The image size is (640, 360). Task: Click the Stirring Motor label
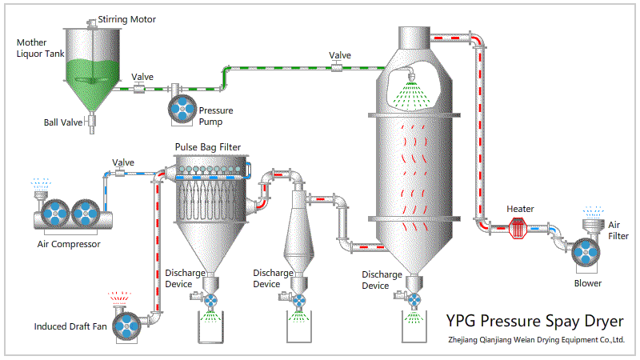[126, 19]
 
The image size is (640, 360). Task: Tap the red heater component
[521, 228]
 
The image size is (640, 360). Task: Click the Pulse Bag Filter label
[208, 148]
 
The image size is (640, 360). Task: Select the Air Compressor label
[70, 244]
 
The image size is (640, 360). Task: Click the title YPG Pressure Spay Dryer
[534, 322]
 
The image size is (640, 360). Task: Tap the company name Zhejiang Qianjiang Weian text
[536, 340]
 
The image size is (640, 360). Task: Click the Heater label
[521, 209]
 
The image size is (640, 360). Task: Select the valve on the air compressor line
[122, 173]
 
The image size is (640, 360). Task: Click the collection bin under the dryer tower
[414, 327]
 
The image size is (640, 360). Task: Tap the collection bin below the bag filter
[212, 327]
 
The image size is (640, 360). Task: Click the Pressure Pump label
[216, 116]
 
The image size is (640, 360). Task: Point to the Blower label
[588, 282]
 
